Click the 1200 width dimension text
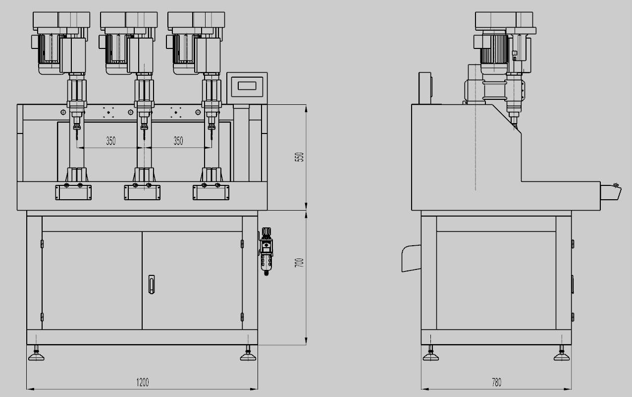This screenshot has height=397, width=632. pos(143,382)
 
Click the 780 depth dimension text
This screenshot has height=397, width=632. pos(497,382)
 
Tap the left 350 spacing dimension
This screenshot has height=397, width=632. pos(111,141)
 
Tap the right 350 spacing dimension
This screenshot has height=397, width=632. pos(178,141)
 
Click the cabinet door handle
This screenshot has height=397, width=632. pos(152,284)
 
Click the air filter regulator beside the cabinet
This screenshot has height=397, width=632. pos(266,251)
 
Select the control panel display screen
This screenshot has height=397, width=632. pos(247,86)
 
